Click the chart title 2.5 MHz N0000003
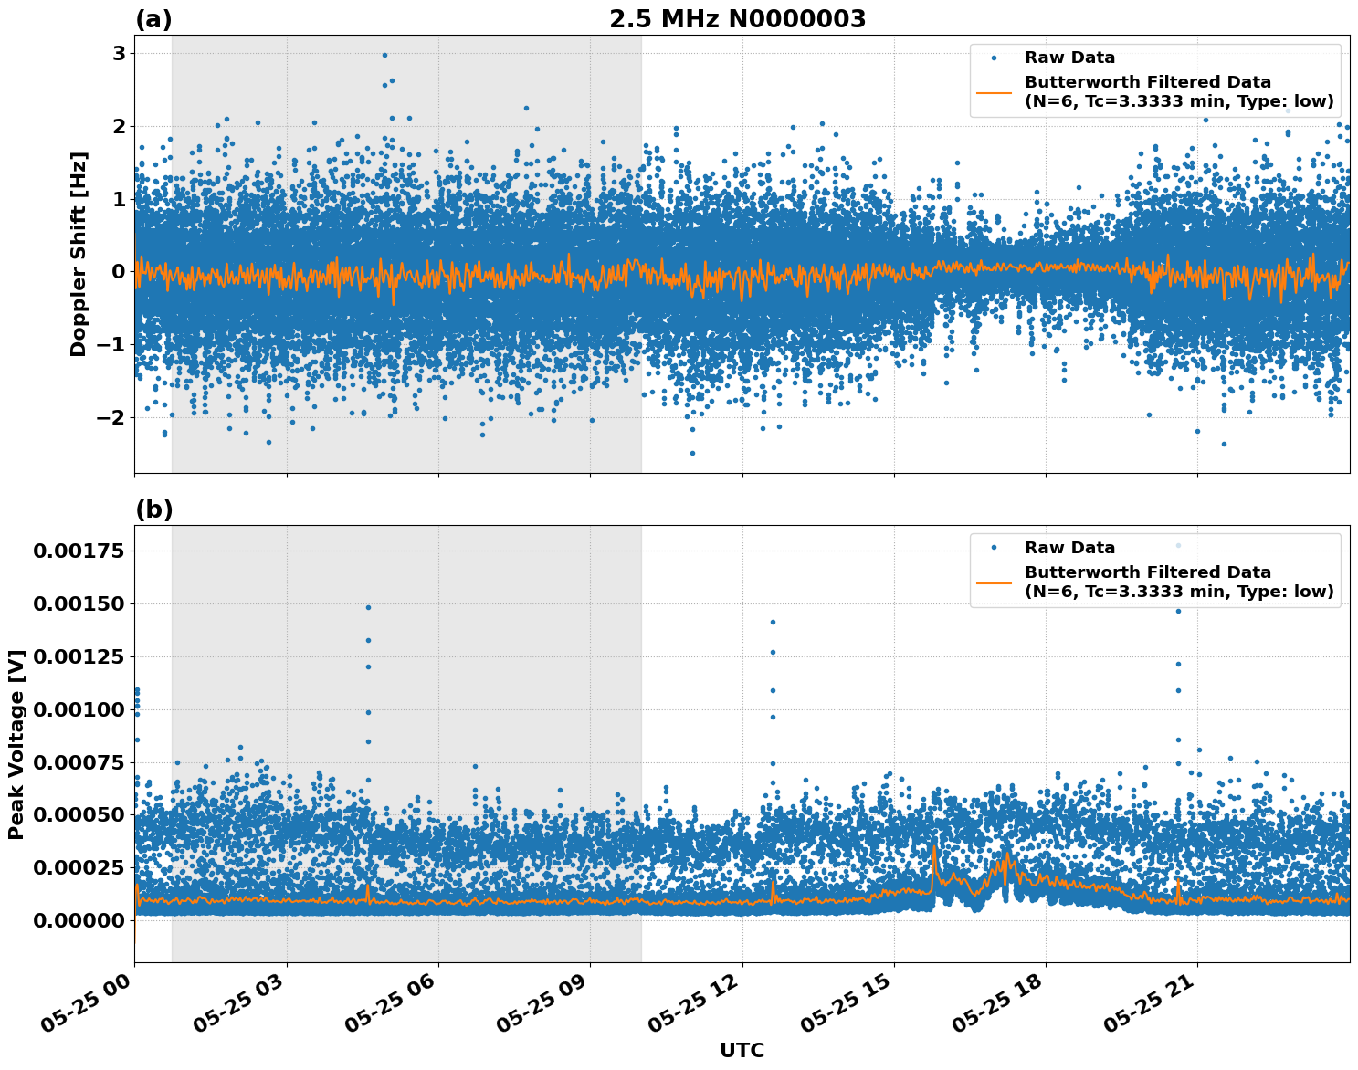pos(737,19)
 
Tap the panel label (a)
pos(153,19)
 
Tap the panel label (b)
pos(153,509)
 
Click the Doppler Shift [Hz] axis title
pos(79,254)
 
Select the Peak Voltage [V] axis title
pos(16,744)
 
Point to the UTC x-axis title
pos(742,1050)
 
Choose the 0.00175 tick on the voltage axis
pos(78,551)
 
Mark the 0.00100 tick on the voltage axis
pos(78,709)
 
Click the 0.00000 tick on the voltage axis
pos(78,920)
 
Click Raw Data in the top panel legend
pos(1069,58)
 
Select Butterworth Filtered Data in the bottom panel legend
pos(1147,572)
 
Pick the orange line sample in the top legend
pos(994,92)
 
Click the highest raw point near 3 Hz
pos(384,55)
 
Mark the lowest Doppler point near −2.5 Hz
pos(692,453)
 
